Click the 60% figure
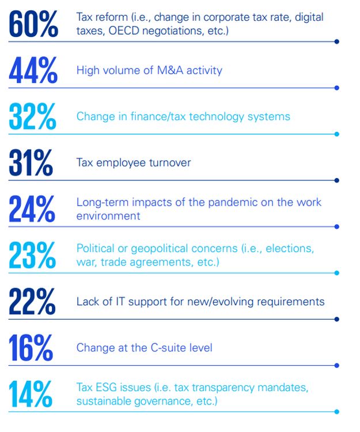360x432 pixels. [x=33, y=24]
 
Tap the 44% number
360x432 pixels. [x=33, y=71]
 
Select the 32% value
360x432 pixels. [x=33, y=117]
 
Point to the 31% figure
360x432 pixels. [x=32, y=163]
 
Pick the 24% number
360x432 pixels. [x=32, y=209]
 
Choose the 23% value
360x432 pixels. [x=32, y=255]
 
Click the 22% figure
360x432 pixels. [x=32, y=302]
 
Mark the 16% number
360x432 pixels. [x=31, y=348]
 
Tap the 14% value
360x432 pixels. [x=31, y=395]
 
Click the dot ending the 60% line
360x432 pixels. [x=337, y=41]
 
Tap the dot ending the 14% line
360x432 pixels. [x=337, y=412]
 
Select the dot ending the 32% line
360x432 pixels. [x=337, y=134]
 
